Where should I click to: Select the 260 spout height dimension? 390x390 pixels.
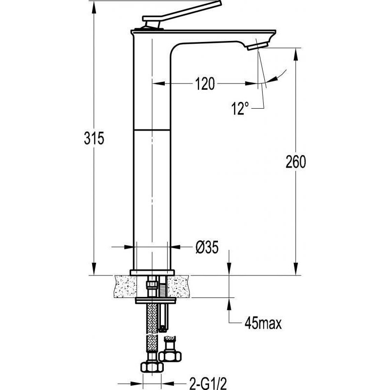295,162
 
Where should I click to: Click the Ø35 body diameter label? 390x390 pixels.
206,248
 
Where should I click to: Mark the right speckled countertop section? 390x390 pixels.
178,286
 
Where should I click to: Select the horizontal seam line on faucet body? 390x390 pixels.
152,130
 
